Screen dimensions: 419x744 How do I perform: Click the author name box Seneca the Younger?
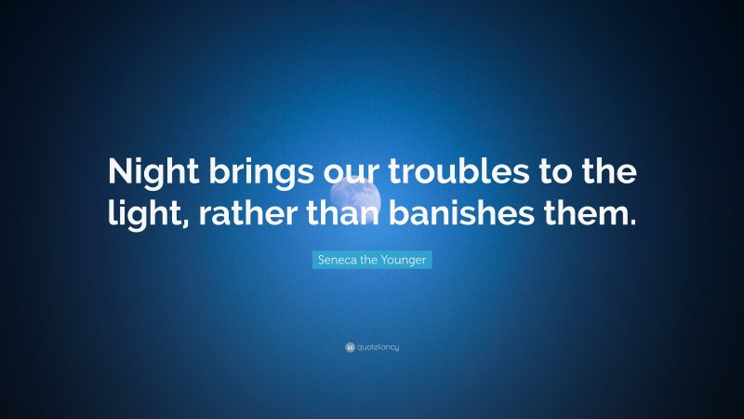pyautogui.click(x=372, y=261)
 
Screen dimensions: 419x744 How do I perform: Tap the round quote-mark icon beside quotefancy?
pyautogui.click(x=350, y=347)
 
